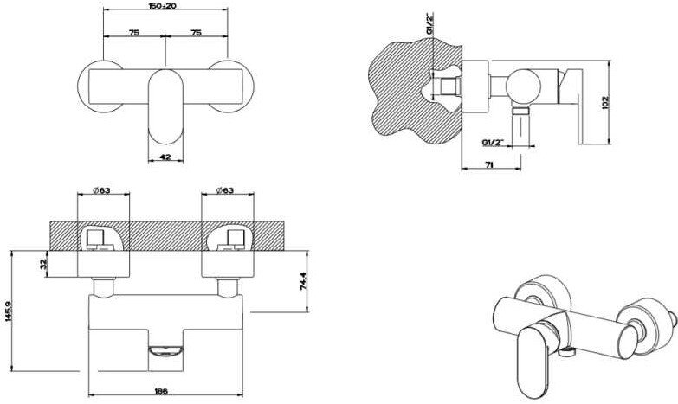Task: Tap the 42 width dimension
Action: coord(165,156)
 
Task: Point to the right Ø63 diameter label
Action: coord(224,191)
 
